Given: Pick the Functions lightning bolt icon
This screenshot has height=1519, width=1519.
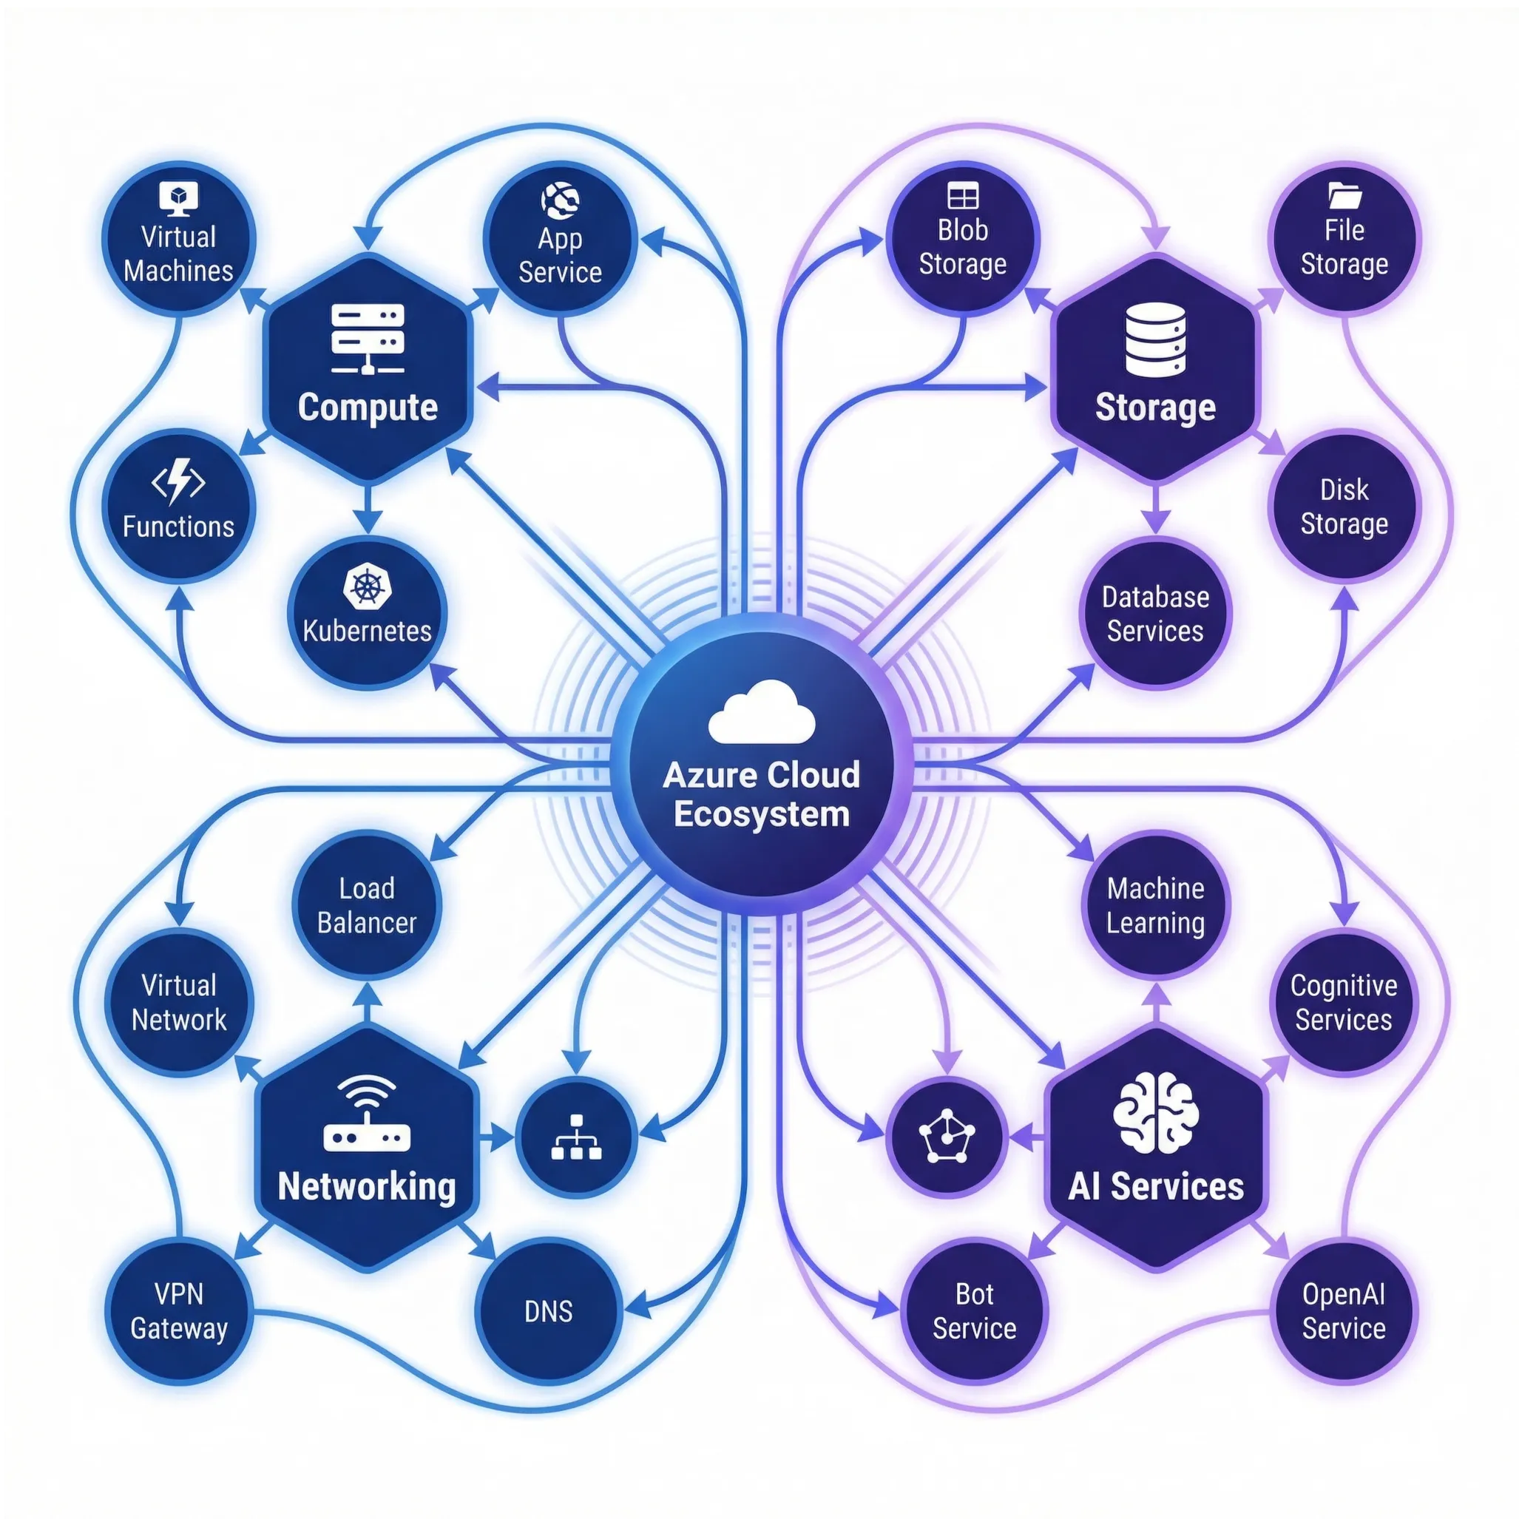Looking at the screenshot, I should point(178,482).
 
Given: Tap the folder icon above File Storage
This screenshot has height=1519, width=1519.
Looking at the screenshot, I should point(1344,195).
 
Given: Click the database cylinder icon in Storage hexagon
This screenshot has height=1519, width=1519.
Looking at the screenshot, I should point(1155,340).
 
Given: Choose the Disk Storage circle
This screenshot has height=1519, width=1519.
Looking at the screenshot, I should point(1344,507).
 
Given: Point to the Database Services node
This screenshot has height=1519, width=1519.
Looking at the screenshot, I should point(1155,614).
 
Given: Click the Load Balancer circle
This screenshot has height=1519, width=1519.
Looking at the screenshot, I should point(366,906).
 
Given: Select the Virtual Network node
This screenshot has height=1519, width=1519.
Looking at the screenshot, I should point(178,1003).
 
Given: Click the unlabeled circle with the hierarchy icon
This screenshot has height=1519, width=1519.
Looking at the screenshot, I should point(576,1137).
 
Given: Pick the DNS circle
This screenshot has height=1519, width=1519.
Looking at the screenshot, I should point(549,1311).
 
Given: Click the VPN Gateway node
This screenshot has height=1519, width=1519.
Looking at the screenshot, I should point(178,1311).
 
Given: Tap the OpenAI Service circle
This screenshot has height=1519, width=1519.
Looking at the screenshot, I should point(1344,1311).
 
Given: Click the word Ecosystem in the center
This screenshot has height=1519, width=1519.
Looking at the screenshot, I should point(761,814).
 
